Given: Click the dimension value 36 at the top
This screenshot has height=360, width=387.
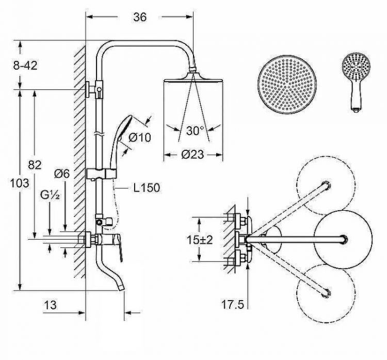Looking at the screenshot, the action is (x=140, y=17).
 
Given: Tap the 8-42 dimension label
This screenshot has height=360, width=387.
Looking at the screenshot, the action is (x=25, y=66).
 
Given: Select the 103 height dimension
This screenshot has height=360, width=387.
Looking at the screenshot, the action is (x=20, y=183).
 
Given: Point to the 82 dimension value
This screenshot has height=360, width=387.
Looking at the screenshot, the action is (x=35, y=165).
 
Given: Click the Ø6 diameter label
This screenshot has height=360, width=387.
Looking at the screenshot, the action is (x=62, y=174).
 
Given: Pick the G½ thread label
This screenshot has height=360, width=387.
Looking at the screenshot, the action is (x=50, y=195).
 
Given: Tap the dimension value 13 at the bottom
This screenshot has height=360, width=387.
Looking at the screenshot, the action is (x=51, y=305).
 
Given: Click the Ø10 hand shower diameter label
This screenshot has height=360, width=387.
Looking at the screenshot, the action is (x=140, y=137).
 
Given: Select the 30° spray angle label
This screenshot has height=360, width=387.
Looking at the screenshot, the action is (x=195, y=131).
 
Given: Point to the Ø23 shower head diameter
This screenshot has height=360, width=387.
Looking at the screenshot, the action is (x=193, y=154).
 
